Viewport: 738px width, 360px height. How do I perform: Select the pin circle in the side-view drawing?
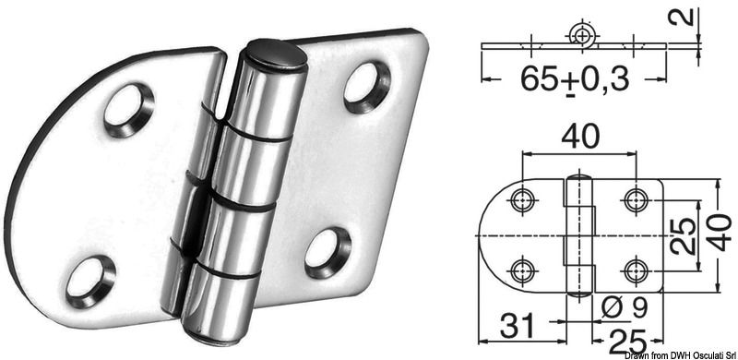coord(581,34)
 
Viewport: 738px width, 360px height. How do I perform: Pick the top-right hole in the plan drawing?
coord(634,198)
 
